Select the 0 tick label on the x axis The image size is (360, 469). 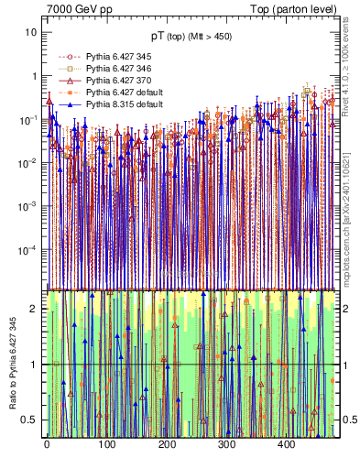pos(47,445)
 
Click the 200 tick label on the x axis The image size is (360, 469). pos(166,445)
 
